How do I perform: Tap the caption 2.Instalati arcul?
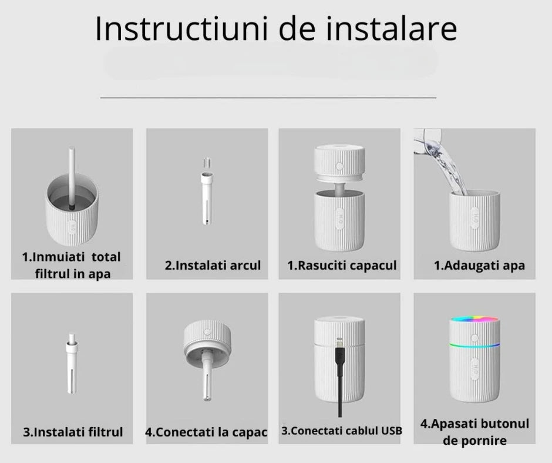pos(213,266)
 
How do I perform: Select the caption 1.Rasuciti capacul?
pos(342,266)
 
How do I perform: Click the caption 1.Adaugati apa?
pos(479,266)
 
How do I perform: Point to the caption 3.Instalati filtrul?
pos(73,432)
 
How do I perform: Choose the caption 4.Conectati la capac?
pos(206,432)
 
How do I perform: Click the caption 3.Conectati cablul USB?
pos(342,431)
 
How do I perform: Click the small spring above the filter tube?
pos(206,162)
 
